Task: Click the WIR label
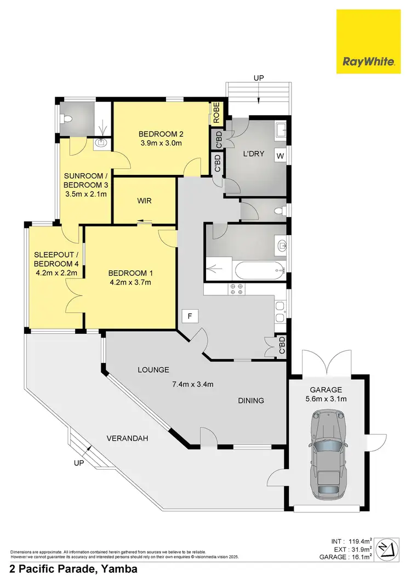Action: pos(144,201)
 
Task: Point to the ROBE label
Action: pos(216,112)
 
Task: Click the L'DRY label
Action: pos(254,154)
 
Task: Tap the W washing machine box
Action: pos(280,156)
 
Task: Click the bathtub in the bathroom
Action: pos(245,269)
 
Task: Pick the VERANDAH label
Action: pos(127,439)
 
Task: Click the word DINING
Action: pos(251,400)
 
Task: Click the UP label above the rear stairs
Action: pos(259,78)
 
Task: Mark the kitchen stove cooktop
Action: pos(236,289)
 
